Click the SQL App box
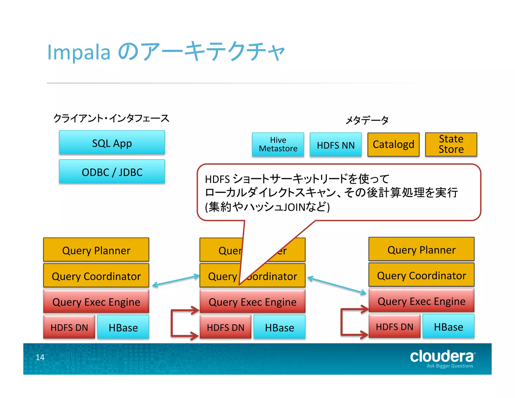(112, 143)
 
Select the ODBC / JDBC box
(112, 172)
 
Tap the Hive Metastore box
(278, 144)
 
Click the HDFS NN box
(336, 145)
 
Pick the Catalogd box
(393, 145)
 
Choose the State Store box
(451, 144)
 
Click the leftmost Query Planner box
(96, 250)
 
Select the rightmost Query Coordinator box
(421, 275)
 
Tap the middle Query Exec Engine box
(252, 301)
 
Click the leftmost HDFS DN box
(69, 327)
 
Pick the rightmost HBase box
(448, 327)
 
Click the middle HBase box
(279, 327)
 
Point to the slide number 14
(40, 357)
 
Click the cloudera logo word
(442, 356)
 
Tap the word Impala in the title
(79, 52)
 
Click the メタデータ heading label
(367, 120)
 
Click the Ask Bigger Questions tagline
(450, 366)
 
